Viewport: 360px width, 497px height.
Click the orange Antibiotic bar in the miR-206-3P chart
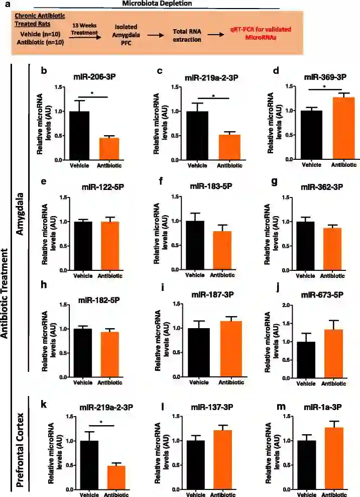[108, 148]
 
